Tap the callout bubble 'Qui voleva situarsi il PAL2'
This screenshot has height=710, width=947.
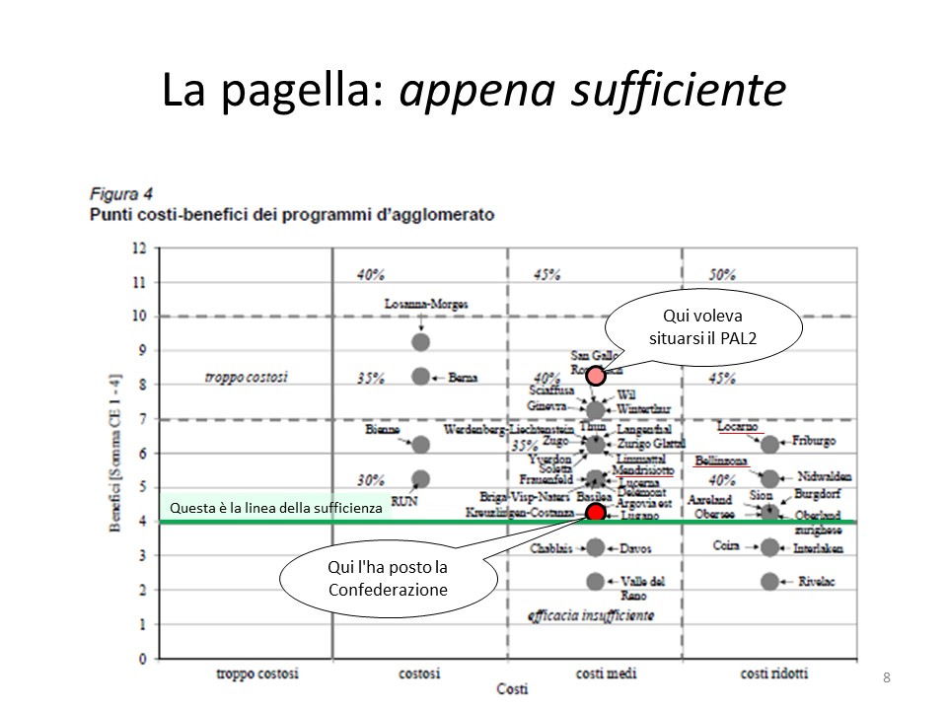tap(703, 327)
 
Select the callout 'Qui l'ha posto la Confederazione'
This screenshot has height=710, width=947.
tap(388, 579)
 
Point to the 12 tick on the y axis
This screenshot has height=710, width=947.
tap(140, 248)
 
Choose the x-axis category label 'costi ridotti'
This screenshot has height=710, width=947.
tap(774, 674)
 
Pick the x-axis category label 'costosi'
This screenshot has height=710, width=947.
tap(419, 674)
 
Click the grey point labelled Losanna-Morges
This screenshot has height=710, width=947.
tap(421, 342)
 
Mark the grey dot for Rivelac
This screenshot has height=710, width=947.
tap(770, 581)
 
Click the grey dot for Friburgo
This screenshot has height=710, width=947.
tap(770, 445)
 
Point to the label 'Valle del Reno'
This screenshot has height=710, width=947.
tap(642, 588)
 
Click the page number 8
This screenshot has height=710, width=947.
tap(887, 676)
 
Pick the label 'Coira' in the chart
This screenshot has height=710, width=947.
tap(726, 543)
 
